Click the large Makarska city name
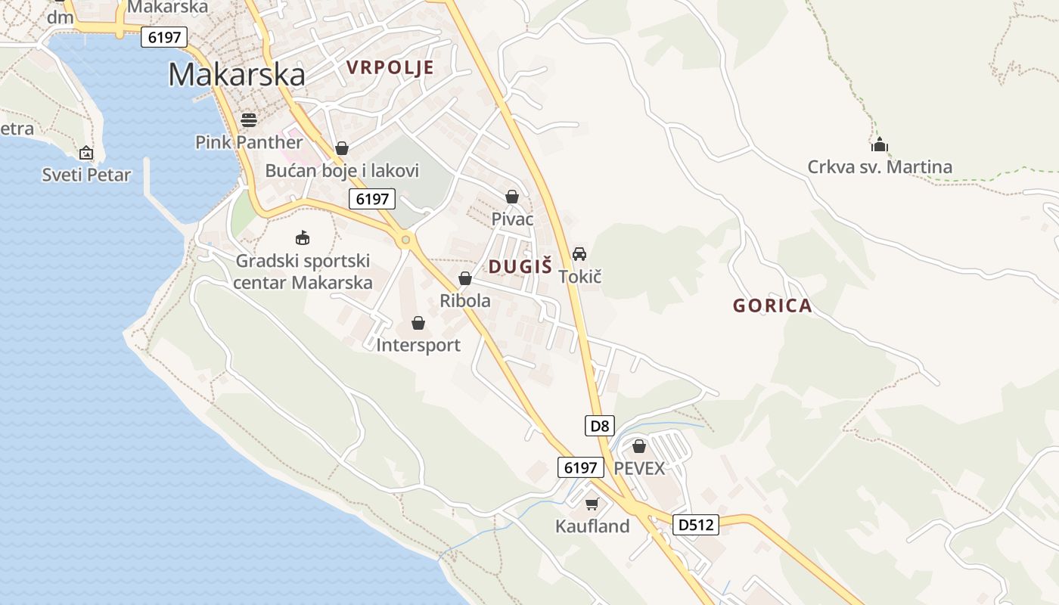tap(237, 74)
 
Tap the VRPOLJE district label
tap(390, 67)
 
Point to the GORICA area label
tap(772, 306)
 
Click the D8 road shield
tap(600, 426)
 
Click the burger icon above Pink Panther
tap(249, 119)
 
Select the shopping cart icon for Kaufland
tap(592, 504)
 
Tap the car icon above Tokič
tap(579, 253)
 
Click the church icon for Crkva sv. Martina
tap(880, 144)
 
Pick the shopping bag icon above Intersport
tap(418, 324)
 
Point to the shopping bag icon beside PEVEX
tap(639, 446)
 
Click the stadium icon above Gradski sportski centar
tap(303, 238)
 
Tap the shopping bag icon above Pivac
tap(512, 197)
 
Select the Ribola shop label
tap(465, 300)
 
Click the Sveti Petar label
tap(86, 175)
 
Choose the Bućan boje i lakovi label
tap(342, 171)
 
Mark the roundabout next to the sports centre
tap(406, 240)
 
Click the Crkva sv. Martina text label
tap(880, 167)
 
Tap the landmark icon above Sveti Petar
tap(86, 153)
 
